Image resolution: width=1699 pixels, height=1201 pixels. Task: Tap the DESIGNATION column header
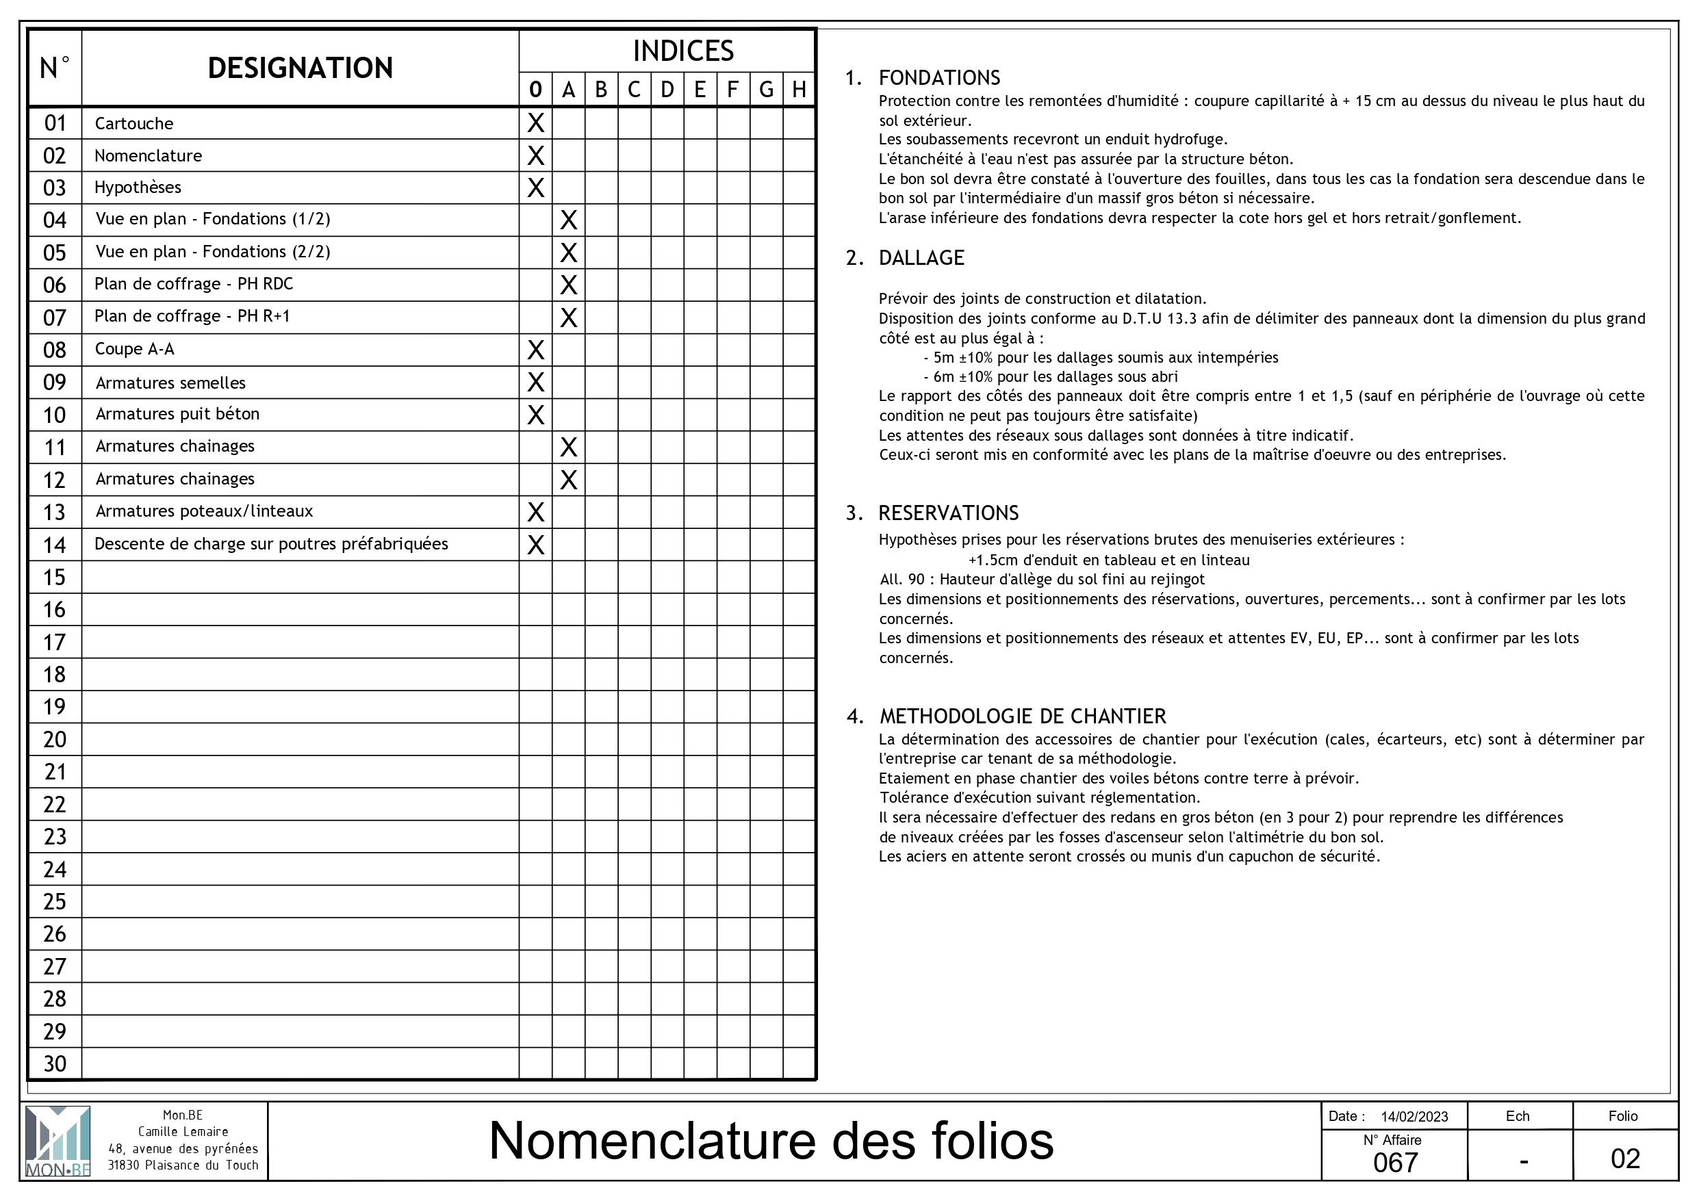tap(300, 68)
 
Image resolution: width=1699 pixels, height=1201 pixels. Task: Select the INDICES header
tap(682, 51)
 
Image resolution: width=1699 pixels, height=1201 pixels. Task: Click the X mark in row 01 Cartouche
tap(535, 123)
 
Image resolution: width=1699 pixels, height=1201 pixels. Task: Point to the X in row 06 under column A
tap(568, 285)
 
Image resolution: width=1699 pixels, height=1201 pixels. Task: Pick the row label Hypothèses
tap(138, 188)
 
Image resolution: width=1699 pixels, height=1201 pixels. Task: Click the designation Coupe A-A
tap(135, 349)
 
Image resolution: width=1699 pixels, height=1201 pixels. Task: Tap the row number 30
tap(55, 1063)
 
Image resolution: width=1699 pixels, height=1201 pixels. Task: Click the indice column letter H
tap(798, 90)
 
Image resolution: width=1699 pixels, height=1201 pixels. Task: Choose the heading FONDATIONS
tap(939, 78)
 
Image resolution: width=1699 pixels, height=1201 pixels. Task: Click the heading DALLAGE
tap(921, 258)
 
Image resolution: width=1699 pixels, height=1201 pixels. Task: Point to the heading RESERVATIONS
tap(948, 513)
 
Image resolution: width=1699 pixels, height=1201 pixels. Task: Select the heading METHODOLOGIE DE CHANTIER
tap(1023, 716)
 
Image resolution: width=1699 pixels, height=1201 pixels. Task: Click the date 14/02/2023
tap(1414, 1117)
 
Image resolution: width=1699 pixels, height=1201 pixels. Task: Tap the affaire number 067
tap(1395, 1163)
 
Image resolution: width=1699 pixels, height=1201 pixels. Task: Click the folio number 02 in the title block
tap(1625, 1159)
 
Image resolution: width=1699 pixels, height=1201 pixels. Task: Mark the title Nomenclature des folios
tap(771, 1140)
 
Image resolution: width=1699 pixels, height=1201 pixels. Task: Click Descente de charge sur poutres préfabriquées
tap(271, 544)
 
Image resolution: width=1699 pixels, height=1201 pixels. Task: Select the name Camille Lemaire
tap(183, 1131)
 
